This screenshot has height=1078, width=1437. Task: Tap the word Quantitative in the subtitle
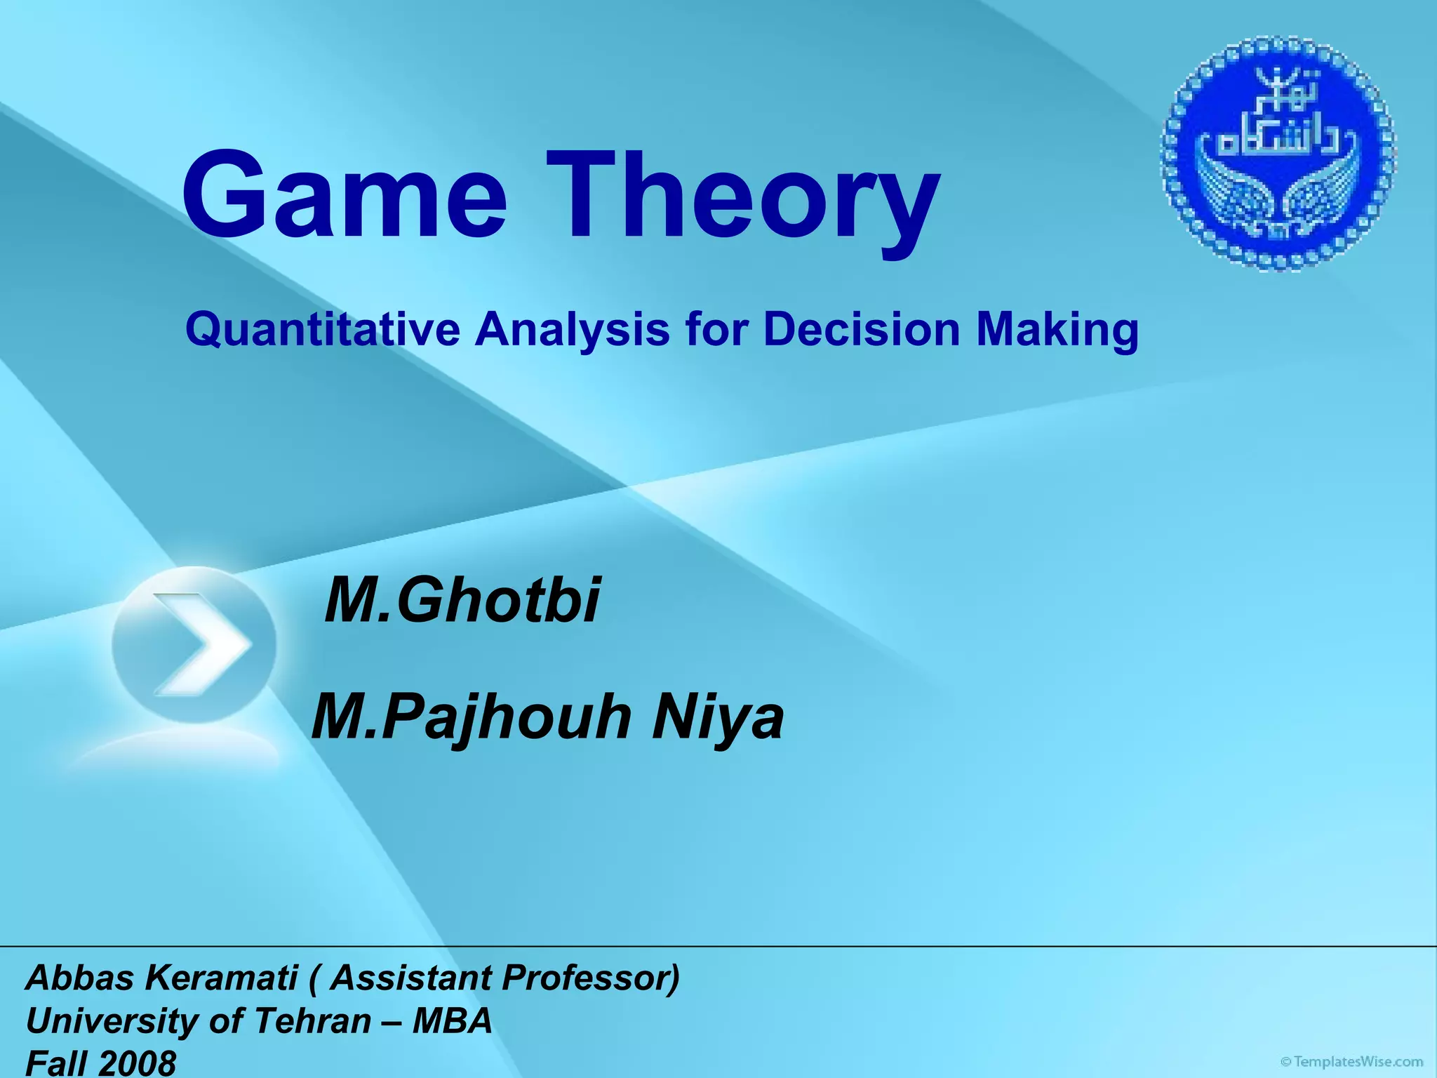(x=323, y=329)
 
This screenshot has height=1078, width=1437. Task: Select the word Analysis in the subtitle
(x=572, y=329)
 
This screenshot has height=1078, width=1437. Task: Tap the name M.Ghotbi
(x=462, y=599)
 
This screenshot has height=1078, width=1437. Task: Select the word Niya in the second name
(x=717, y=717)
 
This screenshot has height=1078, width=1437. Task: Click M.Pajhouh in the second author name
(x=471, y=718)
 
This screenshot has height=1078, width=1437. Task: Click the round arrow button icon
(x=194, y=644)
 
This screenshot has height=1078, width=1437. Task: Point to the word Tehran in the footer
(x=313, y=1020)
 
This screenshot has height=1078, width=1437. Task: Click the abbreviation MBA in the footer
(x=452, y=1020)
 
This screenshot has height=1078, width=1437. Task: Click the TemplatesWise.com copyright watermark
(x=1351, y=1062)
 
